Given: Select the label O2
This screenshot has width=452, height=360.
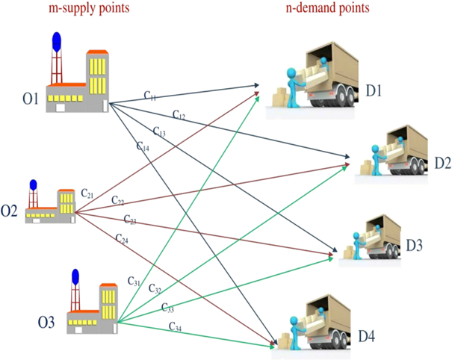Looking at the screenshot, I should (x=10, y=211).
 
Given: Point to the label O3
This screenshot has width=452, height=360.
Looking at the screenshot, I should (x=46, y=322).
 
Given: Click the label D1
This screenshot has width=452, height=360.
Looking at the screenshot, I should (x=374, y=92).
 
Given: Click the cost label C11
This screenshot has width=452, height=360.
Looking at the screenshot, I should (x=150, y=96).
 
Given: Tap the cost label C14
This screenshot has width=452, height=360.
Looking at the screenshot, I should (x=143, y=146).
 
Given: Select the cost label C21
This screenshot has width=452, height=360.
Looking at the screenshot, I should (x=87, y=193).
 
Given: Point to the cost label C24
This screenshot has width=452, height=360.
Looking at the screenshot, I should (x=122, y=238).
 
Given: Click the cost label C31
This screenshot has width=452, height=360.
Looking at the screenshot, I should (x=134, y=282).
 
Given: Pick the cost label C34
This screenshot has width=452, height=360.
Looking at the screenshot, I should (x=175, y=326).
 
